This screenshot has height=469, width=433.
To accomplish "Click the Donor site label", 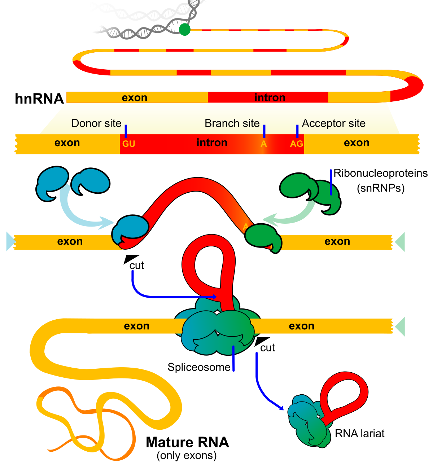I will pyautogui.click(x=96, y=123).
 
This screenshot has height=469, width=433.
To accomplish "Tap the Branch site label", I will pyautogui.click(x=232, y=123).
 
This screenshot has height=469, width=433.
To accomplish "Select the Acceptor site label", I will pyautogui.click(x=333, y=123).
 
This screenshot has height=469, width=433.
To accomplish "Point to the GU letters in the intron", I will pyautogui.click(x=128, y=144).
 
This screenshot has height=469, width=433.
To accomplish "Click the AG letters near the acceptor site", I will pyautogui.click(x=296, y=144).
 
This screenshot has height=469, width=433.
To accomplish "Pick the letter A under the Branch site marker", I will pyautogui.click(x=264, y=144).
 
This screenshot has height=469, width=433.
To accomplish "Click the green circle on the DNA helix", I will pyautogui.click(x=185, y=30).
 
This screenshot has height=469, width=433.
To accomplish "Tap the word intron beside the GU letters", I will pyautogui.click(x=212, y=143).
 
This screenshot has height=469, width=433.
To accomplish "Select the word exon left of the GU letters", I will pyautogui.click(x=67, y=143).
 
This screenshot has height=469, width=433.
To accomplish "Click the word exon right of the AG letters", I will pyautogui.click(x=357, y=143).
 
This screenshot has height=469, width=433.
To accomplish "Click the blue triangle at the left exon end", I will pyautogui.click(x=10, y=242).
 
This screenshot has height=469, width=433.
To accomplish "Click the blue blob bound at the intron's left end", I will pyautogui.click(x=131, y=229).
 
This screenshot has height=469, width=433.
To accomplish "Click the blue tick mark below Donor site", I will pyautogui.click(x=126, y=131).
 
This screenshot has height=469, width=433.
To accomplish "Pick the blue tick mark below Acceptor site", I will pyautogui.click(x=297, y=131).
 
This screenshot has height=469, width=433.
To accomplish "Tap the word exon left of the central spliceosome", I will pyautogui.click(x=136, y=326).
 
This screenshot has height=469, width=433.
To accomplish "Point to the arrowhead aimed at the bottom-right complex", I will pyautogui.click(x=280, y=408).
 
